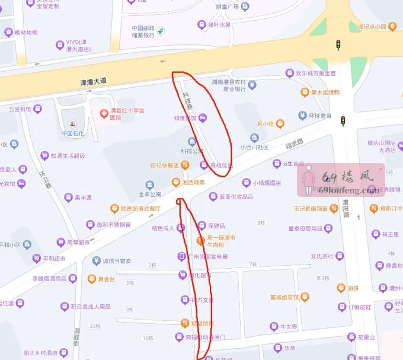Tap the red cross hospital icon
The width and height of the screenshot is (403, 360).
click(104, 111)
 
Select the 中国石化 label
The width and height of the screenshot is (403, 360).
click(75, 133)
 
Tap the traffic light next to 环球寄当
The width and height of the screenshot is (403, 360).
click(342, 121)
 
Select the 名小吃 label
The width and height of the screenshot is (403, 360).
click(264, 124)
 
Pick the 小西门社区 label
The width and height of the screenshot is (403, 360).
click(254, 147)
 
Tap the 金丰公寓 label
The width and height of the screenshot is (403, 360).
click(150, 195)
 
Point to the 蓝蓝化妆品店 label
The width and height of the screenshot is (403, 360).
click(236, 197)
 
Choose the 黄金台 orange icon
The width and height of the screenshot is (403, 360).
click(92, 279)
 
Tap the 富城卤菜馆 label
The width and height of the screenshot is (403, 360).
click(283, 297)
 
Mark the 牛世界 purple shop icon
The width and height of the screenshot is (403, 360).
click(274, 326)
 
